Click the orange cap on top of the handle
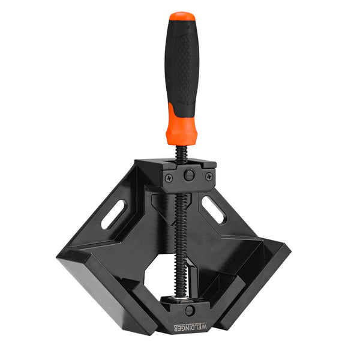click(x=181, y=16)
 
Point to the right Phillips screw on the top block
click(x=208, y=176)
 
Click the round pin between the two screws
click(x=189, y=175)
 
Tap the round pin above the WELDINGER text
click(x=189, y=310)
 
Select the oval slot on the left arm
click(x=113, y=214)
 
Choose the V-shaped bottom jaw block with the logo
click(x=186, y=315)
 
